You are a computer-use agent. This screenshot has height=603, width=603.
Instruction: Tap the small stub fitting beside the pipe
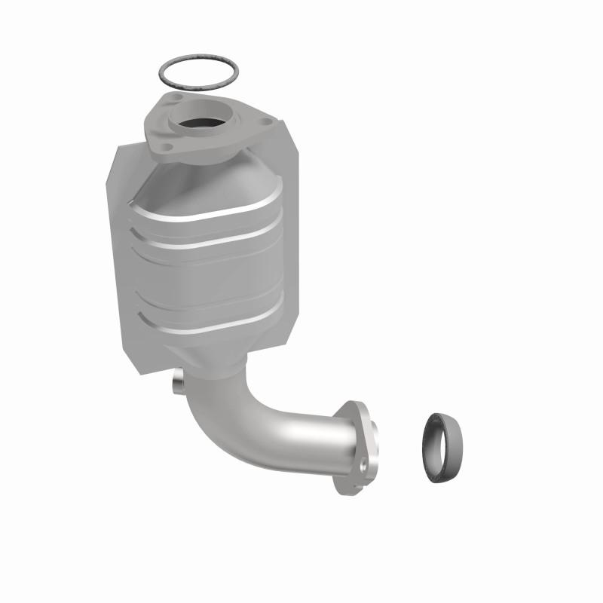coord(178,383)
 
